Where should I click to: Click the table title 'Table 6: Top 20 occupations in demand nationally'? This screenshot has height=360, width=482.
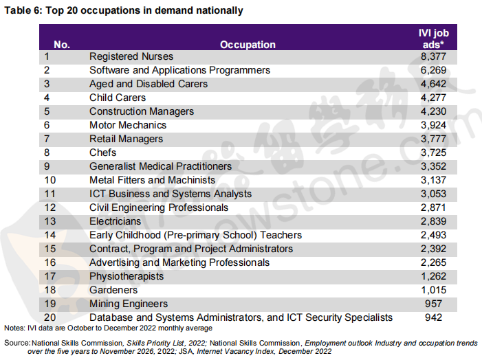(124, 10)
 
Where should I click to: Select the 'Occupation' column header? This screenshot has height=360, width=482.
(248, 45)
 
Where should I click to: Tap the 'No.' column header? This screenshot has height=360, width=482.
(62, 45)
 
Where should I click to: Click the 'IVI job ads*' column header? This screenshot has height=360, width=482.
(433, 38)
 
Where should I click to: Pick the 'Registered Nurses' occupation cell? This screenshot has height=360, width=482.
(131, 56)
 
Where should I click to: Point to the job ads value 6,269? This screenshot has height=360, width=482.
(433, 70)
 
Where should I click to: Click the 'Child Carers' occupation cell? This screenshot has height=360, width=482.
(118, 98)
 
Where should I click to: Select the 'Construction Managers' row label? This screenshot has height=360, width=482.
(142, 111)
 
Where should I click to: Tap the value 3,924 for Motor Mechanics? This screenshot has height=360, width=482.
(433, 125)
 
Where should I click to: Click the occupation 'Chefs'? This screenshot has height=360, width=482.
(102, 153)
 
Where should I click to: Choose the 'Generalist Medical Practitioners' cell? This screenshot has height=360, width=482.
(160, 166)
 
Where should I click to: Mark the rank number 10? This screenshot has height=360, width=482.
(50, 180)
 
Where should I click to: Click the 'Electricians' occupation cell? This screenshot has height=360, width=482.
(115, 221)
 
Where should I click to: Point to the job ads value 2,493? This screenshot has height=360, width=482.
(433, 235)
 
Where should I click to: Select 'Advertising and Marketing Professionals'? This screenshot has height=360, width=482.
(179, 262)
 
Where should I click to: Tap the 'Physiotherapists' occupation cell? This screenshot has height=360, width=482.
(127, 276)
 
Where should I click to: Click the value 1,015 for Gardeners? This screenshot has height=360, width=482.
(433, 290)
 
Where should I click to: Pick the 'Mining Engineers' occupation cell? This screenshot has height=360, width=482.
(129, 304)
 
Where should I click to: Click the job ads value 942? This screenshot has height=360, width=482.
(433, 317)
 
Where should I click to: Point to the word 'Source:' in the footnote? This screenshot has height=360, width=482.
(17, 343)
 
